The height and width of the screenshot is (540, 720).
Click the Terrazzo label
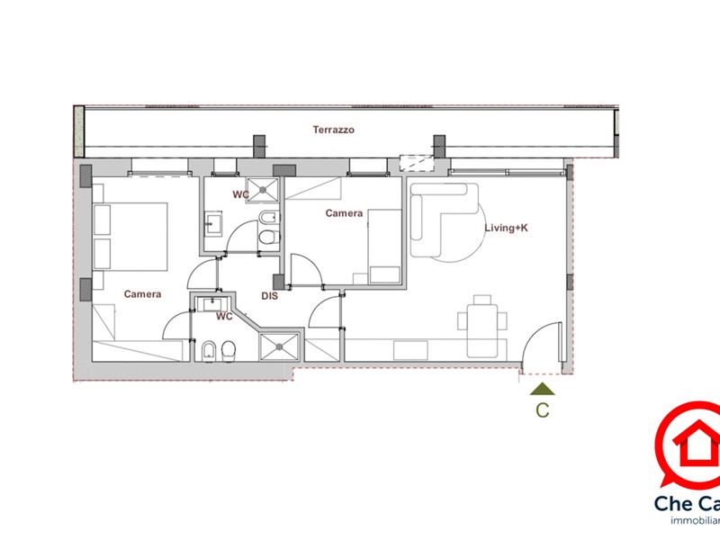[x=333, y=130]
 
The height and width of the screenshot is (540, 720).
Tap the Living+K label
[x=506, y=229]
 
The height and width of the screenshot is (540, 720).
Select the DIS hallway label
[x=269, y=295]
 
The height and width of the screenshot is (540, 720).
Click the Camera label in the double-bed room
[x=143, y=294]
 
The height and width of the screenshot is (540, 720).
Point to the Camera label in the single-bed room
[x=344, y=213]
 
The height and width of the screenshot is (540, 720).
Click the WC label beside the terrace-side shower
[x=241, y=194]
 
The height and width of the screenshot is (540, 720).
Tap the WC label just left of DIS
[x=224, y=316]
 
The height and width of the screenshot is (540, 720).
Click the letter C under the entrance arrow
[x=543, y=410]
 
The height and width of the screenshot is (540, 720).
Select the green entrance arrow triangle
[x=543, y=389]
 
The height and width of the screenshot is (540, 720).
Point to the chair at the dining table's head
[x=483, y=300]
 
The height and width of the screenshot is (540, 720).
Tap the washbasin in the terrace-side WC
[x=214, y=223]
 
